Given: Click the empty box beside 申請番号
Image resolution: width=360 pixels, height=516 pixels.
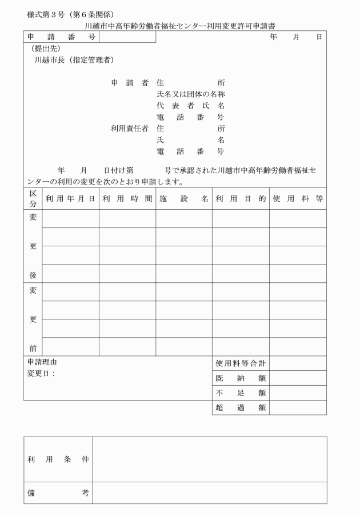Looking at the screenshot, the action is point(127,37).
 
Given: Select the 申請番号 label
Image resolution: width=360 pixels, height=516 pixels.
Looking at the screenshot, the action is point(61,37).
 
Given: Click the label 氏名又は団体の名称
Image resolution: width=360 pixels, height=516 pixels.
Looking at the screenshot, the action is point(190,94).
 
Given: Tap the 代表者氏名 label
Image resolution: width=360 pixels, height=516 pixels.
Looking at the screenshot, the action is point(190,106).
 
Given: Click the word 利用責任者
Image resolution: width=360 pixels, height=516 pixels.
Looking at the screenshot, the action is point(129,129).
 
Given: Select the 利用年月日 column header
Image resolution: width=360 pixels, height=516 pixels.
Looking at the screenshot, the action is point(70,199).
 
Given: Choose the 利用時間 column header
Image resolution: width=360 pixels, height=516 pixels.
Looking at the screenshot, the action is point(127,199).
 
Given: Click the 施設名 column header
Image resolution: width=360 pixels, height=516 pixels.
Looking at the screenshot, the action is point(183,199).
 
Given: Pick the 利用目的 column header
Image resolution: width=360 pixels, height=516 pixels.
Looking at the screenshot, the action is point(240,199).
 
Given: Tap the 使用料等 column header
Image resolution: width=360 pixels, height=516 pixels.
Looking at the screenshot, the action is point(298,199).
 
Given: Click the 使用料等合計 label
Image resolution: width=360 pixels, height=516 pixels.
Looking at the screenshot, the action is point(241,363).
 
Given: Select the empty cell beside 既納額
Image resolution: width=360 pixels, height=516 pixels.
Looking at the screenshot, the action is point(298,378).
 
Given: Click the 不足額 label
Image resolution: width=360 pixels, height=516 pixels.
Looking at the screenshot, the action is point(241,393).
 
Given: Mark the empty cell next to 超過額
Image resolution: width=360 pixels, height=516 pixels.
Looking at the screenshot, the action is point(298,407).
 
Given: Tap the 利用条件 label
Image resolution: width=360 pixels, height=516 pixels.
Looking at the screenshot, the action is point(58,459).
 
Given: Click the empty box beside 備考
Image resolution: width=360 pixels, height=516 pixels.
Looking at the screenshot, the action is point(209,493).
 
